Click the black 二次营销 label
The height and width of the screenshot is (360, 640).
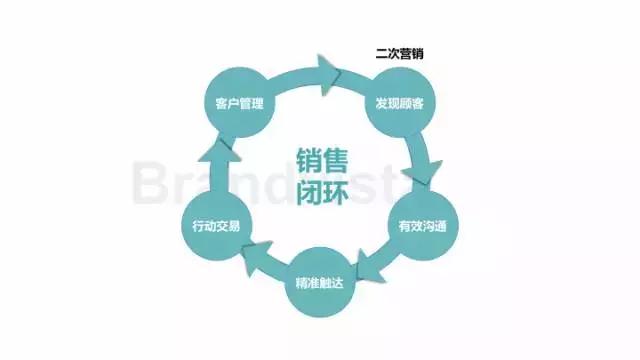(x=397, y=53)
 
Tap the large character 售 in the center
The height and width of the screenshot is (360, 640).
(x=335, y=159)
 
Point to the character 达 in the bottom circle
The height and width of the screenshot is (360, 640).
(x=339, y=283)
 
